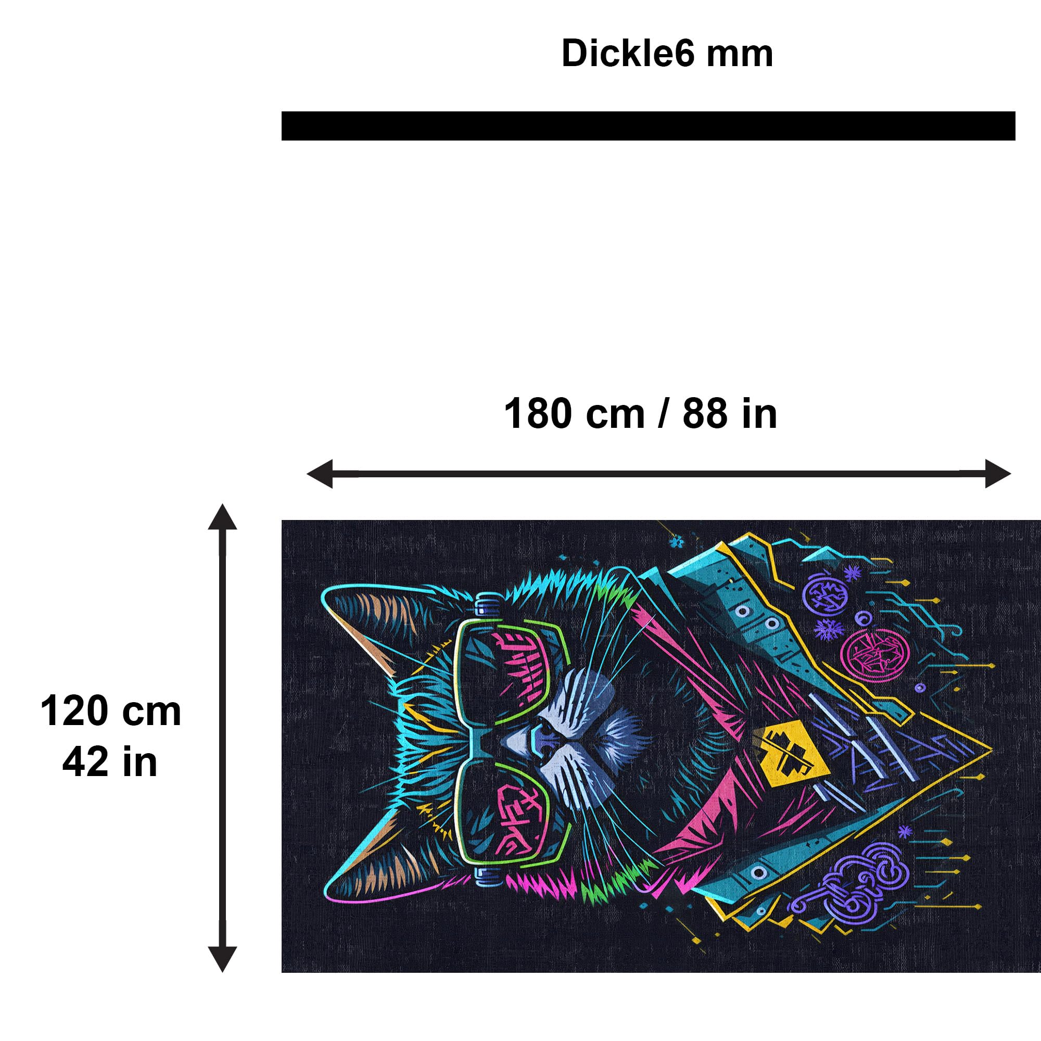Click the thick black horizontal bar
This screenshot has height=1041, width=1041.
pos(648,125)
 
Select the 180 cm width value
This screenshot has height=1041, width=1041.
pos(575,413)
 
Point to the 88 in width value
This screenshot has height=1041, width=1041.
pos(730,413)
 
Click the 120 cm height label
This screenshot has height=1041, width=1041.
pos(110,711)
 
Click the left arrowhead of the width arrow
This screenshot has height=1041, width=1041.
pos(320,474)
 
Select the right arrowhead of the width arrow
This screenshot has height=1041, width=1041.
pos(998,474)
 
